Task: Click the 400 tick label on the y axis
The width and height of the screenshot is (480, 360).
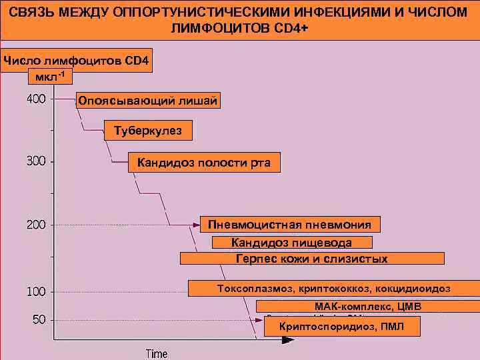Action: [x=36, y=99]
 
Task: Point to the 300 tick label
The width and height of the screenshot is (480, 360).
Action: [x=36, y=161]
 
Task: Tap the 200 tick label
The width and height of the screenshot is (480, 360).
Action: [x=36, y=225]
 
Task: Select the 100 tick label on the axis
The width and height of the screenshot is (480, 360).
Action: [x=36, y=292]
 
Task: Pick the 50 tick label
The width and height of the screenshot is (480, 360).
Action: [x=39, y=319]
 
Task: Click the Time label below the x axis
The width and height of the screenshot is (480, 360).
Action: [x=157, y=353]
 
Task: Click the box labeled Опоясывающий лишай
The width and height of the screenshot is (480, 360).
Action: [x=147, y=101]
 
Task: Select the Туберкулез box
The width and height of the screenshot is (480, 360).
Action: [x=148, y=131]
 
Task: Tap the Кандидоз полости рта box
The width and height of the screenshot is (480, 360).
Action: [x=203, y=163]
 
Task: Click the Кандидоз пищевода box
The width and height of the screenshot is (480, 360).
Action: [x=291, y=242]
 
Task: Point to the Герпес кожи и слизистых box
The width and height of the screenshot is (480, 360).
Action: [x=312, y=259]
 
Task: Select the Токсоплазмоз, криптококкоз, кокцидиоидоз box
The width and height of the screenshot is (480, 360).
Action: [x=333, y=289]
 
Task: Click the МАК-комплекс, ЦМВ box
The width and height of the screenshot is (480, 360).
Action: [x=368, y=306]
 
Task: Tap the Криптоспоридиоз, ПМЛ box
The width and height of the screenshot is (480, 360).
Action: [x=343, y=327]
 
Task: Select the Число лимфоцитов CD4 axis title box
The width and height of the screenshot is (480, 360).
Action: [x=77, y=61]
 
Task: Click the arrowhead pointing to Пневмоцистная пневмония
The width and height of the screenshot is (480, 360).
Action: [x=196, y=225]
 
